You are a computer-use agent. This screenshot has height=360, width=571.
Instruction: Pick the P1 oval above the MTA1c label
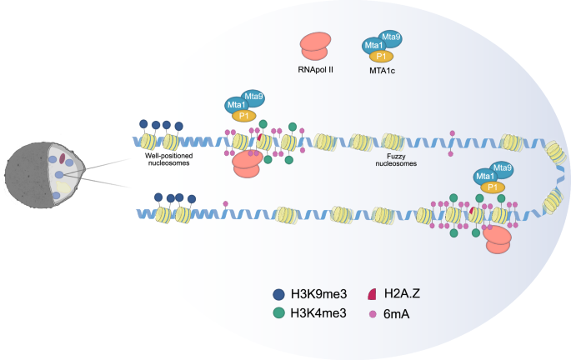pos(380,56)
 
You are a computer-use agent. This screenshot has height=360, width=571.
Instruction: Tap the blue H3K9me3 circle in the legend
pos(280,294)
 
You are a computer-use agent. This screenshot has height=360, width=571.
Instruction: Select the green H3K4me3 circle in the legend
pos(280,314)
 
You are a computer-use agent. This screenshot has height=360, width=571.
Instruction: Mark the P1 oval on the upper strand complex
pos(243,116)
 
